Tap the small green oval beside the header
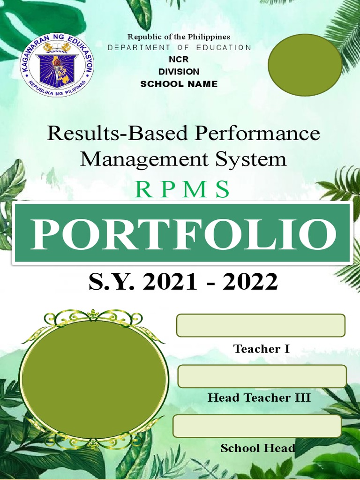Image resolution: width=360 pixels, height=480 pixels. (305, 65)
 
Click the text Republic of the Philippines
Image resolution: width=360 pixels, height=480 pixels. (179, 37)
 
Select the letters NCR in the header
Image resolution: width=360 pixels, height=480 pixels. (179, 60)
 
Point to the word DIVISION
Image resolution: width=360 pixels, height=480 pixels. (179, 72)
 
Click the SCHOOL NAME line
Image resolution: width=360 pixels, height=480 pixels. (179, 84)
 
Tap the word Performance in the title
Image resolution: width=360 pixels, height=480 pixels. (257, 134)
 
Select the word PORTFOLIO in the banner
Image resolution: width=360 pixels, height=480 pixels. (183, 233)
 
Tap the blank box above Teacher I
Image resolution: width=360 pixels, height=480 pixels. (261, 325)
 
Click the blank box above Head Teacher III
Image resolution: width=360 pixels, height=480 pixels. (262, 376)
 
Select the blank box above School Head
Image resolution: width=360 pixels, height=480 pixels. (257, 426)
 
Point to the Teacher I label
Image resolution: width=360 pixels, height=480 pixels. (261, 349)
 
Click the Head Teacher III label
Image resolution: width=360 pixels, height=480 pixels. (259, 398)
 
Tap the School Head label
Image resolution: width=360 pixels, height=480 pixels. (258, 448)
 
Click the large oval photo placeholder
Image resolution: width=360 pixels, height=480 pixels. (93, 378)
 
